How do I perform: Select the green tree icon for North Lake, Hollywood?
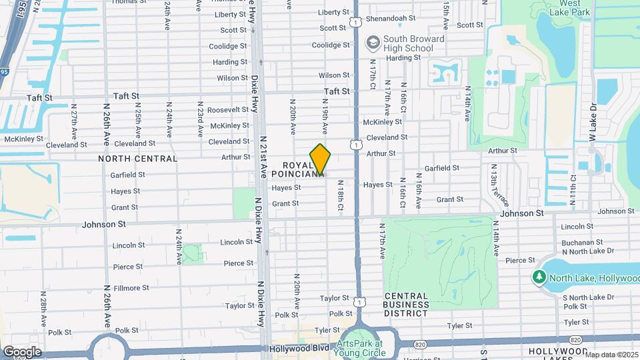pos(539,277)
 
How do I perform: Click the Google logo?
pos(22,351)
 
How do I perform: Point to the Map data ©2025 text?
pos(612,355)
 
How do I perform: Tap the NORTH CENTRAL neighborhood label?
pos(138,159)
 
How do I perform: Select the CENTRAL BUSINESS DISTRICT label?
pos(406,304)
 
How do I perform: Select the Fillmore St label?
pos(131,288)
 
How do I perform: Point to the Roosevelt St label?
pos(228,110)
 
